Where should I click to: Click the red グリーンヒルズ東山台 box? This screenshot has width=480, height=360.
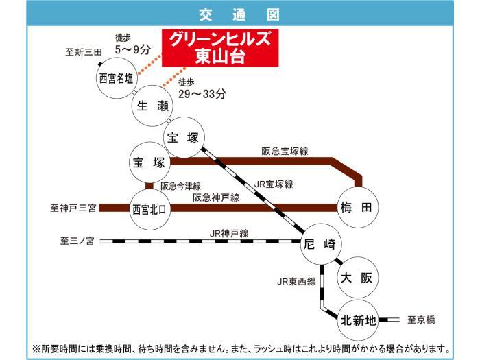tap(220, 48)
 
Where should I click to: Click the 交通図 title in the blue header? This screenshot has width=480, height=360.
tap(239, 14)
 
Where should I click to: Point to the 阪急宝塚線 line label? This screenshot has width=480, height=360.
tap(285, 152)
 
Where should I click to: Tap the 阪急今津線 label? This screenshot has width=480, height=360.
tap(180, 186)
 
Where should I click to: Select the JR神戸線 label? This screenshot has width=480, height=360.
tap(229, 234)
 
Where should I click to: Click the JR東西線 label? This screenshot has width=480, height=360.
tap(296, 281)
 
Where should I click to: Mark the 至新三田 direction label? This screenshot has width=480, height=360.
tap(84, 52)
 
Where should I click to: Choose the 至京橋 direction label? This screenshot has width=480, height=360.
tap(421, 320)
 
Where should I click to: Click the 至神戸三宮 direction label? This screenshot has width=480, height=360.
tap(73, 208)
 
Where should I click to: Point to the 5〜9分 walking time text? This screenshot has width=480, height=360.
tap(133, 49)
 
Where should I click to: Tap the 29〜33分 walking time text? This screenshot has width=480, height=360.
tap(202, 94)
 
